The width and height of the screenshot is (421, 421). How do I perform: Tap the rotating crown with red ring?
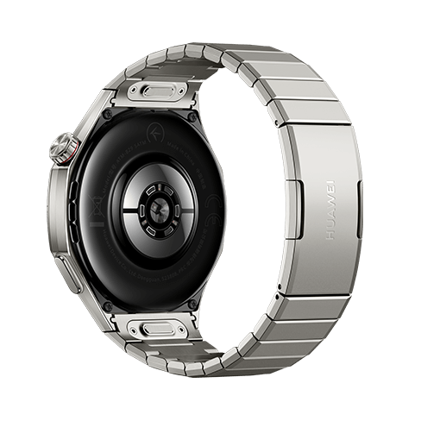(x=63, y=148)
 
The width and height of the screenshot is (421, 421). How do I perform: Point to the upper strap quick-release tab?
(x=162, y=91)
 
